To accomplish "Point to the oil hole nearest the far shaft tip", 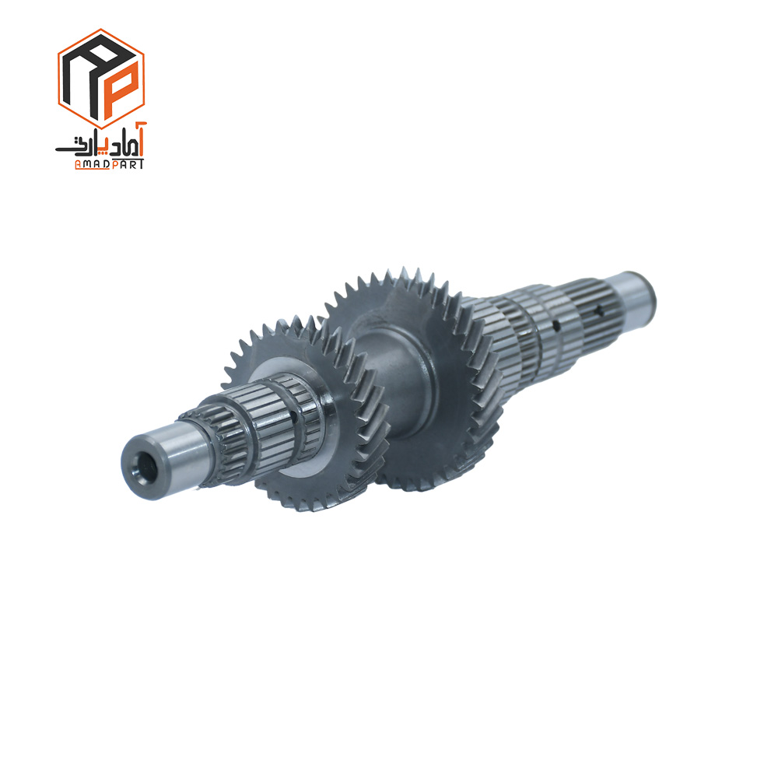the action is [599, 312].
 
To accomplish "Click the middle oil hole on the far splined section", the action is [557, 325].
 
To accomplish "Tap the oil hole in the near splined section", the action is [294, 415].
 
